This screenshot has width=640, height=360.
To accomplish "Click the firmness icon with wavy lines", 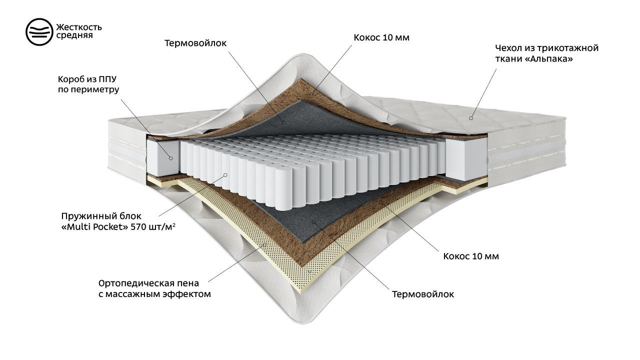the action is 39,31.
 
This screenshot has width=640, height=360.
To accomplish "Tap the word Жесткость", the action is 79,27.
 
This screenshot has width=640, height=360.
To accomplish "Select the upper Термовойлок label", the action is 195,43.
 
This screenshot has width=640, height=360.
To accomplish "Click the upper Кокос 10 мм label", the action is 381,37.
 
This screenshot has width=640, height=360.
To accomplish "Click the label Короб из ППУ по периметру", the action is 88,84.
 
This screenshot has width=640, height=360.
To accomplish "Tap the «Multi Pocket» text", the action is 95,227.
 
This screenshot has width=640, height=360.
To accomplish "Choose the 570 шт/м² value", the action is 153,227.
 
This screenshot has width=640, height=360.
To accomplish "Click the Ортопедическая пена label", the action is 148,283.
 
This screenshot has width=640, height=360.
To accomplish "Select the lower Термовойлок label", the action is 423,294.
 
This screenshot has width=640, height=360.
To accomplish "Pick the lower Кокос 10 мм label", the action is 471,256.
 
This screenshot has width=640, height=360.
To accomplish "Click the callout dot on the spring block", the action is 225,175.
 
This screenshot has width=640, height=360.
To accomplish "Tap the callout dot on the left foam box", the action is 171,158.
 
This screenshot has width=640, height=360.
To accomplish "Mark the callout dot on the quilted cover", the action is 471,118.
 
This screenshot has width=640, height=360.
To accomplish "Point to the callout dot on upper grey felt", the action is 283,122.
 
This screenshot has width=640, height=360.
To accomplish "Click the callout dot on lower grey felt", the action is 313,221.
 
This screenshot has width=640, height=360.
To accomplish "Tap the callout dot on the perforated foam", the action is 264,244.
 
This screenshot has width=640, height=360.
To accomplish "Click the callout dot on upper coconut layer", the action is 311,93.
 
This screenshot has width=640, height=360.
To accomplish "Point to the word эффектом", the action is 186,294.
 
